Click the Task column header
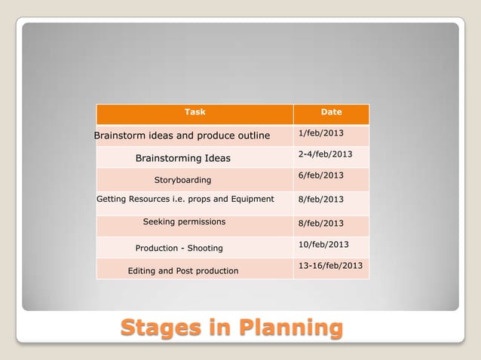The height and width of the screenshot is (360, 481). tap(195, 112)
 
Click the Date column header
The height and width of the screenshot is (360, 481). tap(331, 112)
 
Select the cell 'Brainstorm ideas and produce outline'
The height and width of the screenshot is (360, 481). tap(182, 136)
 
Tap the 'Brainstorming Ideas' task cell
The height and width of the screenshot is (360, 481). tap(182, 158)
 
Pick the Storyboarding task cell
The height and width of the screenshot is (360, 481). tap(182, 180)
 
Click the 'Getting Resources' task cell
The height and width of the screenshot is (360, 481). tap(185, 200)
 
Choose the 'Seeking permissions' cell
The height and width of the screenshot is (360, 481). tap(184, 222)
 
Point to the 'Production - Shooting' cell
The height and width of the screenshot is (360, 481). tap(179, 248)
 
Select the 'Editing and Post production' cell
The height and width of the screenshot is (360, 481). tap(183, 270)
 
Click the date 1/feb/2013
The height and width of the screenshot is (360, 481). tap(321, 133)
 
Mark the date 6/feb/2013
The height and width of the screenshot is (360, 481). tap(321, 175)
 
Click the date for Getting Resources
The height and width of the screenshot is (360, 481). tap(321, 200)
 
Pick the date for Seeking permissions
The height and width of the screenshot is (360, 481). tap(321, 223)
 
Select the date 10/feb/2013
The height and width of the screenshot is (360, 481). tap(323, 244)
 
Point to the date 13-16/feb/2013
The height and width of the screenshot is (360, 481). tap(330, 266)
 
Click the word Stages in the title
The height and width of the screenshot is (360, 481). tap(164, 329)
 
